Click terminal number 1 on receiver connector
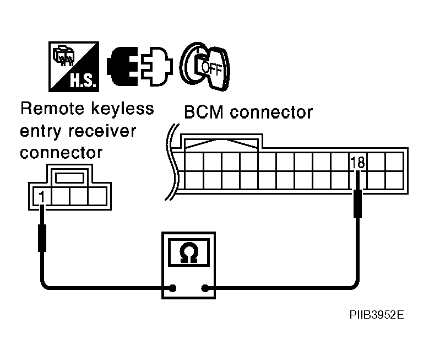(41, 195)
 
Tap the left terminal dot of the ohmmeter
(173, 287)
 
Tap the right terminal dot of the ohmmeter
(205, 287)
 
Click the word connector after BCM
(271, 112)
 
